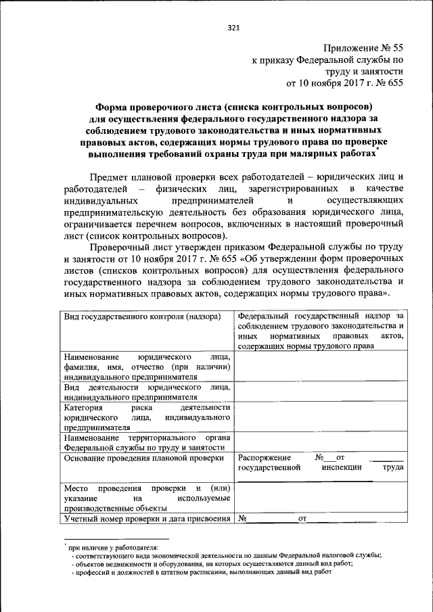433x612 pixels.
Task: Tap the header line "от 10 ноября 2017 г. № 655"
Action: coord(345,84)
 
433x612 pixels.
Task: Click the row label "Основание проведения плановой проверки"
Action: coord(143,458)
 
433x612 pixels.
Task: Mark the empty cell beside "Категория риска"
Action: coord(321,417)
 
